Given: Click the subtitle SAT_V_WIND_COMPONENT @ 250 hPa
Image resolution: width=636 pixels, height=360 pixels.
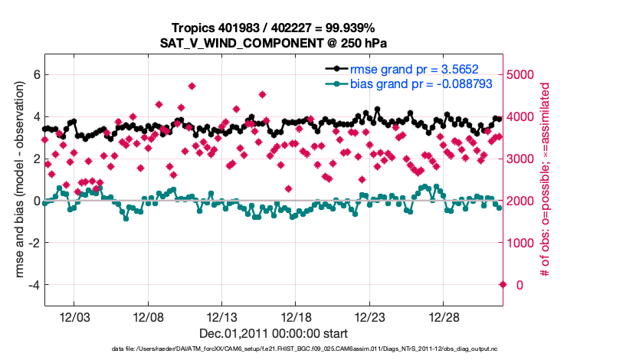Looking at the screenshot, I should click(274, 43).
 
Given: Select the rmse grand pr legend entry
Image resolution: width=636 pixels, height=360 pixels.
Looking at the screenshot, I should click(404, 67).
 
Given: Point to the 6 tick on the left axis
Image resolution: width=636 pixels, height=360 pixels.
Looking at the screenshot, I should click(35, 74).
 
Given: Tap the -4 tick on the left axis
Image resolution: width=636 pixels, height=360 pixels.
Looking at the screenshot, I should click(32, 285).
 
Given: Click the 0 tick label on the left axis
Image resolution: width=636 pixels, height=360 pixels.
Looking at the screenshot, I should click(35, 201).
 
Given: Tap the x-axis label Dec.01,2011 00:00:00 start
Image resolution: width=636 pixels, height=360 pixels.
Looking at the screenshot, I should click(274, 334).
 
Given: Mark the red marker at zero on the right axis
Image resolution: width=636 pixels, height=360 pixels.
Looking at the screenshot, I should click(503, 285).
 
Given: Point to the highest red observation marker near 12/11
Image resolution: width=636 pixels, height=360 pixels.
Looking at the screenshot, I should click(192, 87).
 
